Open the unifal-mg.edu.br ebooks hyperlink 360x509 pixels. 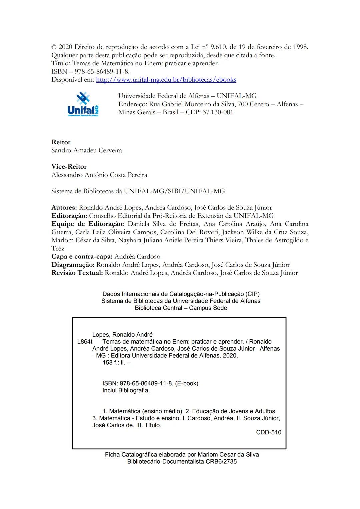pos(166,80)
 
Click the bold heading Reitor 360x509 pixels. pos(61,142)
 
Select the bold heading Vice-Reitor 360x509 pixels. pos(69,167)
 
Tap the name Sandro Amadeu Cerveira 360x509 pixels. pos(87,150)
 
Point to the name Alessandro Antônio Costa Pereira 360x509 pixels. pos(99,175)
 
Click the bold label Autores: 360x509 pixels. pos(64,208)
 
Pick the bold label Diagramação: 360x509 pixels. pos(73,265)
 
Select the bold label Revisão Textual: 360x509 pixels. pos(77,273)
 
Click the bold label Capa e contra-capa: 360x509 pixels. pos(82,257)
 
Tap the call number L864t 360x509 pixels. pos(85,342)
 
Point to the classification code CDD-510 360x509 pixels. pos(269,433)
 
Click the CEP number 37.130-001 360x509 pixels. pos(218,112)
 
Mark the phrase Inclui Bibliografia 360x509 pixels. pos(126,390)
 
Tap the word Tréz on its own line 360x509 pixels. pos(58,249)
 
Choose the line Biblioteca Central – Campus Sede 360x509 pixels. pos(181,308)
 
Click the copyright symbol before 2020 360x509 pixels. pos(54,47)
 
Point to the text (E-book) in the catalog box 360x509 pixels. pos(186,383)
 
